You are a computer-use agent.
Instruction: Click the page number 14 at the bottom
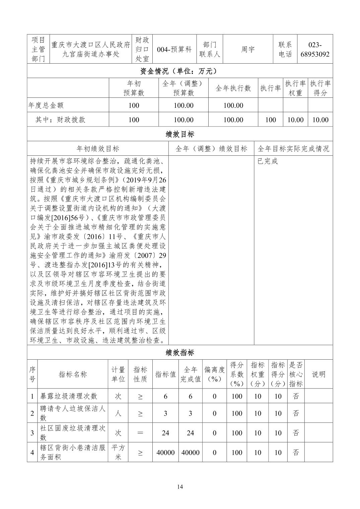[x=180, y=487]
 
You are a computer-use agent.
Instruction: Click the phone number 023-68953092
[x=314, y=49]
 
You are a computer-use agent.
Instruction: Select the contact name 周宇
[x=248, y=49]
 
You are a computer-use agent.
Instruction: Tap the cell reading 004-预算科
[x=174, y=49]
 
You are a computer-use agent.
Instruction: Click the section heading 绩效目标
[x=180, y=134]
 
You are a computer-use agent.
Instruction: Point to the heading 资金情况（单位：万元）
[x=180, y=71]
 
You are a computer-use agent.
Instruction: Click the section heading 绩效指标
[x=180, y=352]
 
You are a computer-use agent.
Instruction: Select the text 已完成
[x=268, y=161]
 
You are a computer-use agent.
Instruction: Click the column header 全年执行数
[x=233, y=88]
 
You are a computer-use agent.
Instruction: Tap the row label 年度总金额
[x=46, y=105]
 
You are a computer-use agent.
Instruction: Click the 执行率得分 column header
[x=320, y=88]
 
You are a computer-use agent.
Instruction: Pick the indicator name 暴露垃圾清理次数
[x=69, y=396]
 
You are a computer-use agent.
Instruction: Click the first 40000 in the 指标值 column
[x=165, y=452]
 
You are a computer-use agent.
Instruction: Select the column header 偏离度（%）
[x=214, y=374]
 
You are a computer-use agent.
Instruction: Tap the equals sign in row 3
[x=140, y=433]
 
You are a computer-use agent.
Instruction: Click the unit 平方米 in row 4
[x=118, y=452]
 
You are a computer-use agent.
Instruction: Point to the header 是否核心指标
[x=296, y=374]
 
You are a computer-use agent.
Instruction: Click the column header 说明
[x=318, y=374]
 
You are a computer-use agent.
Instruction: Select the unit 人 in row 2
[x=118, y=413]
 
